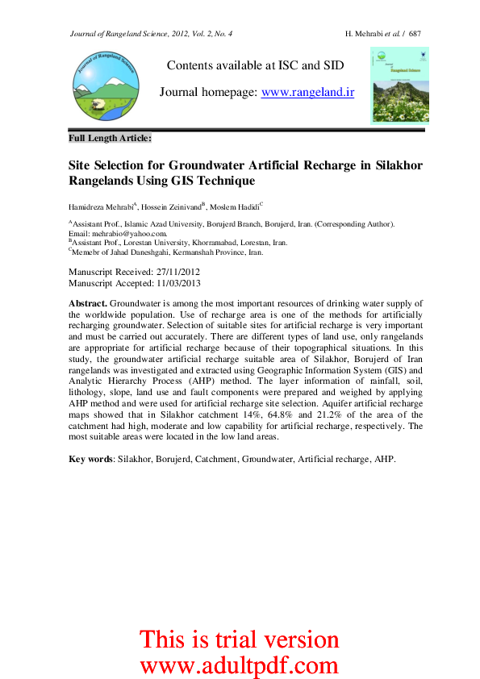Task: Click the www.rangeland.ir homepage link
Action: pyautogui.click(x=308, y=92)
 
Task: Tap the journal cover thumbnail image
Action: pyautogui.click(x=399, y=85)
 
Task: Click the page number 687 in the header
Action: pyautogui.click(x=415, y=33)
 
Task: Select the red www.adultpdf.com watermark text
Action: pyautogui.click(x=239, y=665)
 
